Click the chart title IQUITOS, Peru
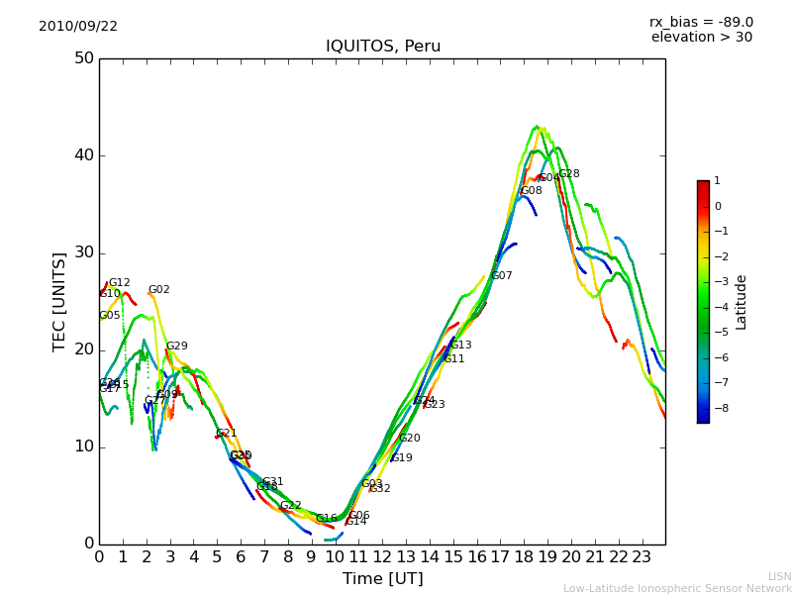point(383,47)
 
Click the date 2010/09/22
point(78,27)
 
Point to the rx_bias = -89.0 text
point(701,23)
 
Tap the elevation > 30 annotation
point(701,38)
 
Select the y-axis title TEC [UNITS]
point(59,301)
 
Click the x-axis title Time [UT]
point(382,579)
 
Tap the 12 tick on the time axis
point(382,556)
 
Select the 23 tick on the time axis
point(642,556)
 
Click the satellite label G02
point(159,290)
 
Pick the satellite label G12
point(120,283)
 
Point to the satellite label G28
point(569,174)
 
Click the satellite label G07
point(502,276)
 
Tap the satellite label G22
point(291,506)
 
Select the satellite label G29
point(177,346)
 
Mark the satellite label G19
point(402,458)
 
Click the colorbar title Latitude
point(742,302)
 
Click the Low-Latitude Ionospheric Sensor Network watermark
point(677,589)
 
